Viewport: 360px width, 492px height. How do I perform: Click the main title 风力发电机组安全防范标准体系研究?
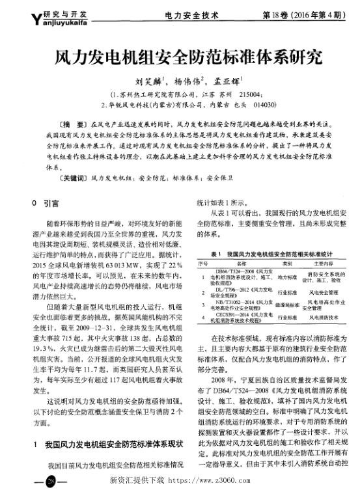click(x=180, y=59)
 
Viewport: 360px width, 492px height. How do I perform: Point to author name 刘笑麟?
click(x=147, y=82)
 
